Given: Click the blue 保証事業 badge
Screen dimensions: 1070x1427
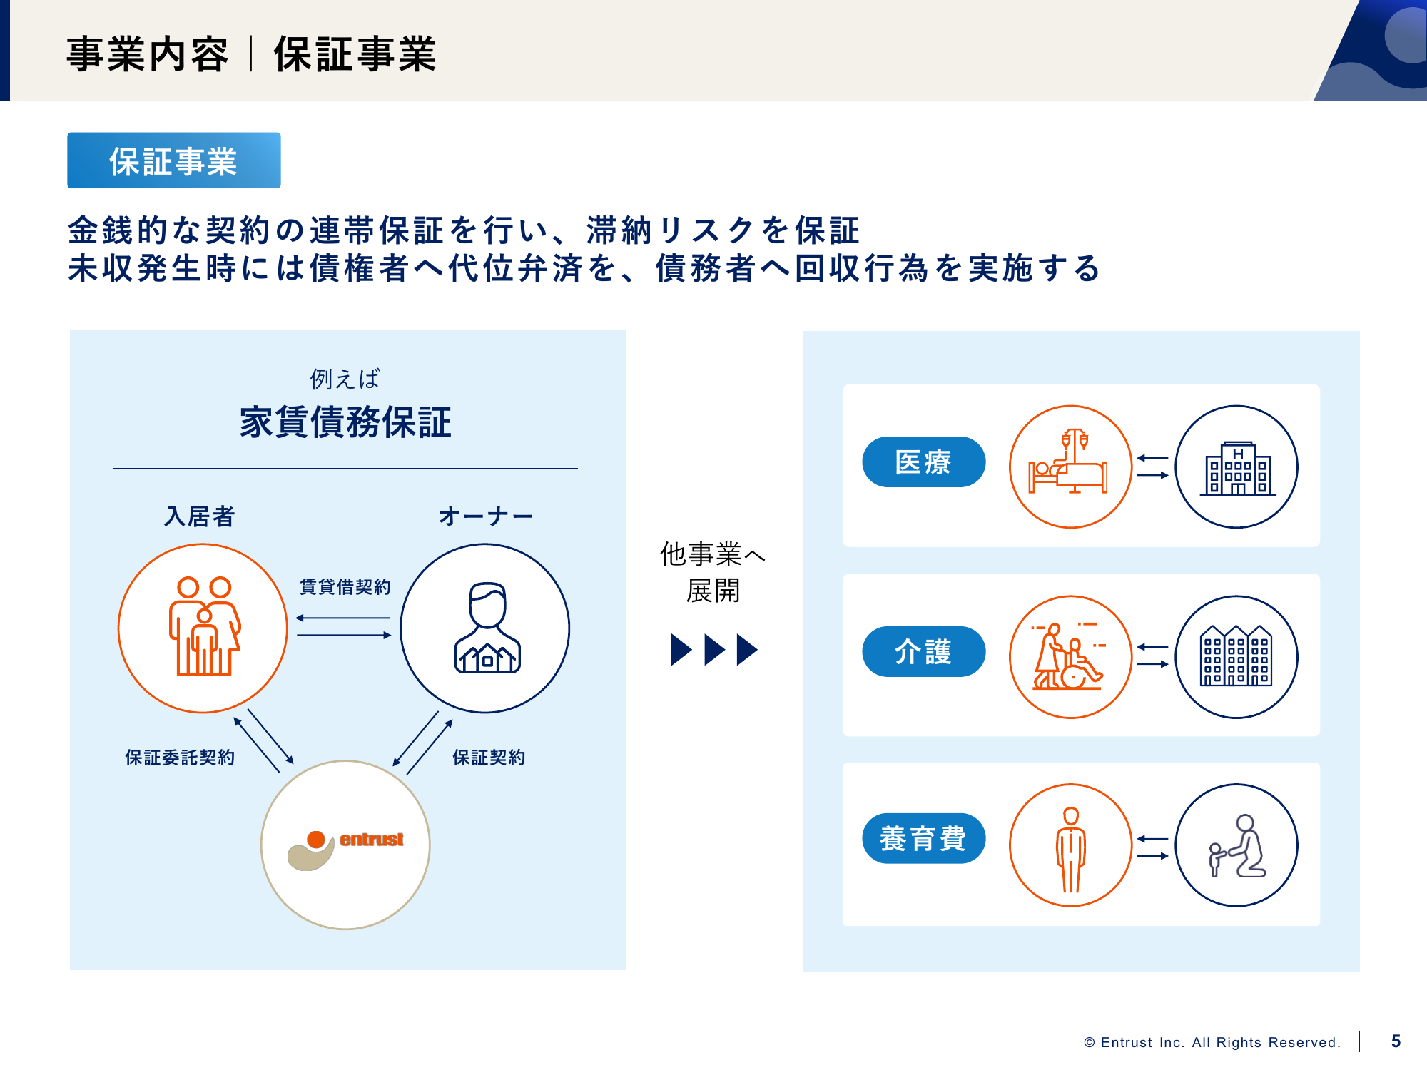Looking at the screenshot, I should point(173,160).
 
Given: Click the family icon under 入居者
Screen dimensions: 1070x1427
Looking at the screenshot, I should point(203,628).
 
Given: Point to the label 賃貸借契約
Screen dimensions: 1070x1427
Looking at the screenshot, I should point(345,586).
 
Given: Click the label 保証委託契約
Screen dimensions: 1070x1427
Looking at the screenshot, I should point(180,757).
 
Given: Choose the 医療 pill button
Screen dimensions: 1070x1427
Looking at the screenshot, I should point(923,462).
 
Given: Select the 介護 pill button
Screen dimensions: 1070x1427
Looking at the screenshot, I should point(923,651).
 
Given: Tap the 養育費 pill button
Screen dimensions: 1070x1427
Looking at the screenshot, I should point(923,838).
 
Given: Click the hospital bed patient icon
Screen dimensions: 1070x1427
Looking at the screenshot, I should point(1070,467).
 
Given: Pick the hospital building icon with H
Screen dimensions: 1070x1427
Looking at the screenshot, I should point(1236,467).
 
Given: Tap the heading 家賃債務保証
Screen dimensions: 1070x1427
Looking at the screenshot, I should point(345,422).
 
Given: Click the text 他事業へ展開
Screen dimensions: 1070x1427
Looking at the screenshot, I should point(712,571).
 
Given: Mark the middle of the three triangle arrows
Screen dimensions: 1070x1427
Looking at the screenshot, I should point(713,649).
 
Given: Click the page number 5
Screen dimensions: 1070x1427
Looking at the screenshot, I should point(1396,1041).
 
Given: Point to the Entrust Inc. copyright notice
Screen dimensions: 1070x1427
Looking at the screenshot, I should point(1212,1042).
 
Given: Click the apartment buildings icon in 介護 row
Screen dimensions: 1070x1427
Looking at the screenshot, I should point(1236,657).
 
